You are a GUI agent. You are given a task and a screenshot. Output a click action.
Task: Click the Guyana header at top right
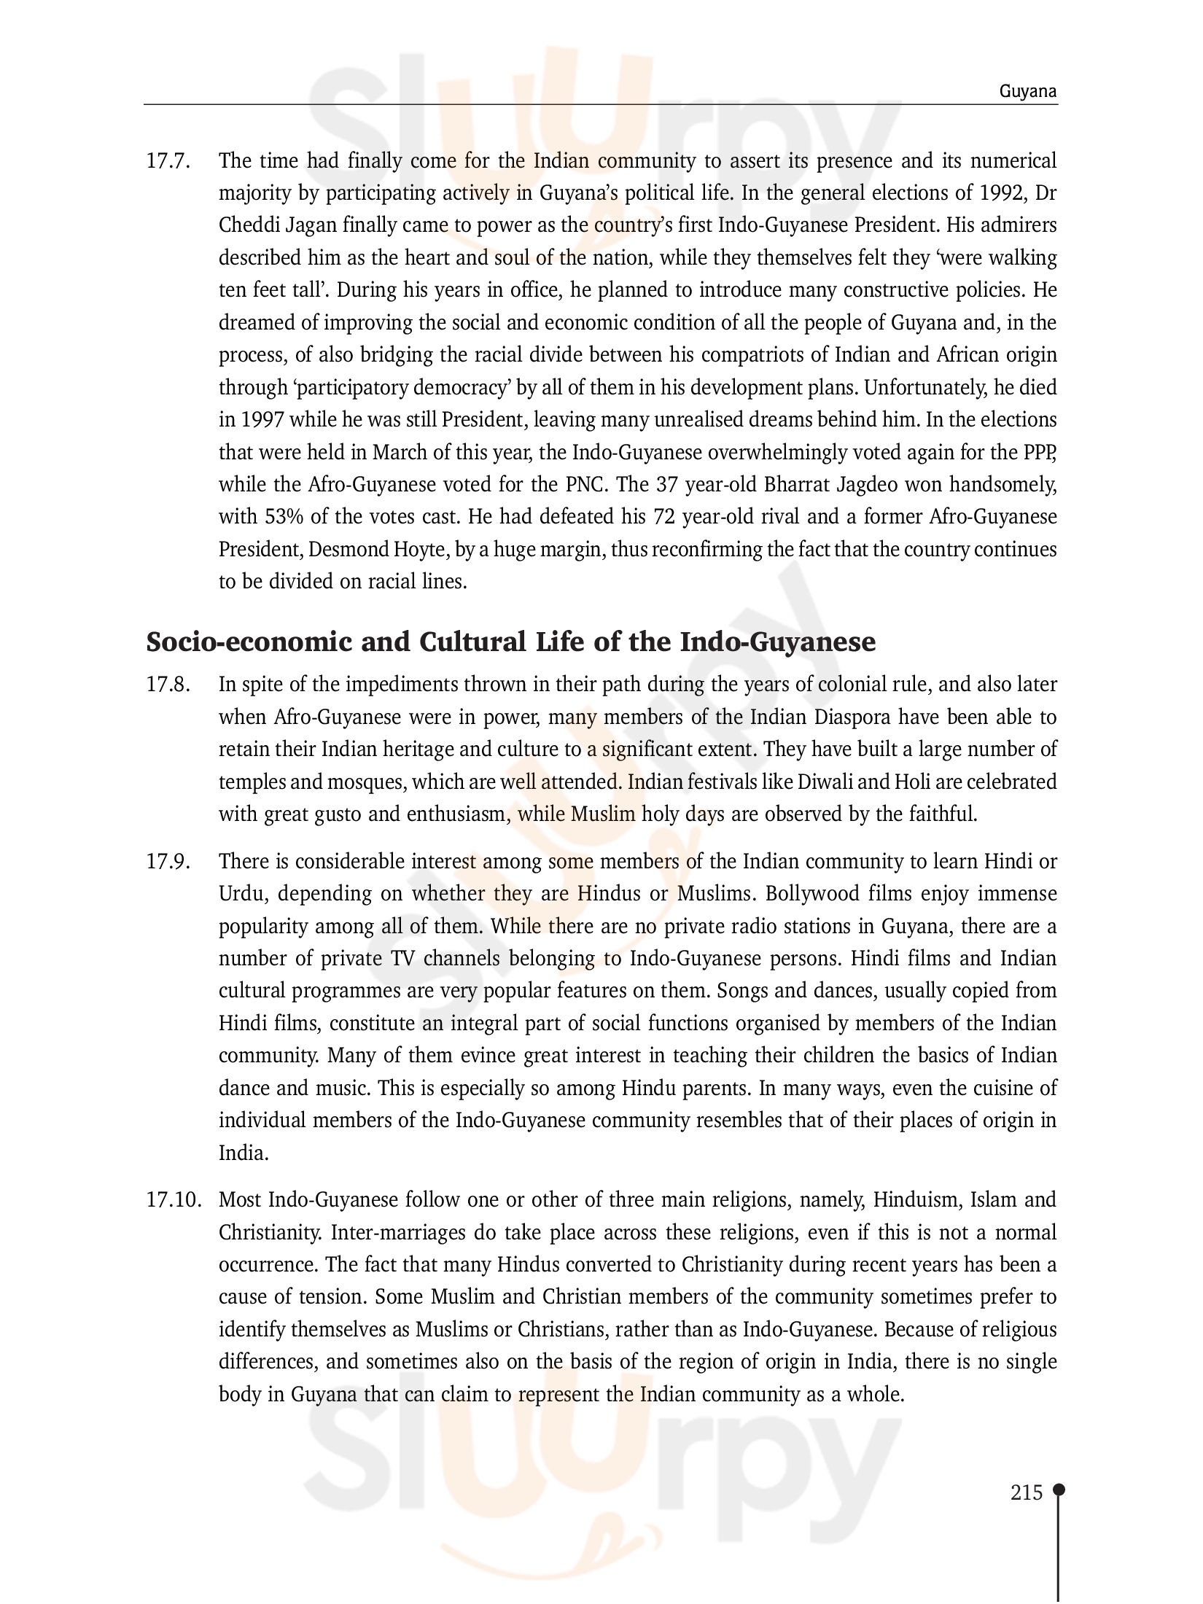[x=1028, y=92]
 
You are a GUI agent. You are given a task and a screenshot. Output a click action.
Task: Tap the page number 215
[x=1027, y=1492]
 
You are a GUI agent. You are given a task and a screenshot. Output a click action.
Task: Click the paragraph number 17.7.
[x=168, y=161]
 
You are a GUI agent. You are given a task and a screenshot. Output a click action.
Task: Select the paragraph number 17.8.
[x=168, y=685]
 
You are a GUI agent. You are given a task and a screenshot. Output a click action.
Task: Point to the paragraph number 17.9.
[x=168, y=862]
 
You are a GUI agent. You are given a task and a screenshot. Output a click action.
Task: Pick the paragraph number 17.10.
[x=174, y=1200]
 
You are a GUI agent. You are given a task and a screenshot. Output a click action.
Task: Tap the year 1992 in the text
[x=1000, y=193]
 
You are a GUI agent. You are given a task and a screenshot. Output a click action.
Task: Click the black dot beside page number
[x=1059, y=1490]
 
